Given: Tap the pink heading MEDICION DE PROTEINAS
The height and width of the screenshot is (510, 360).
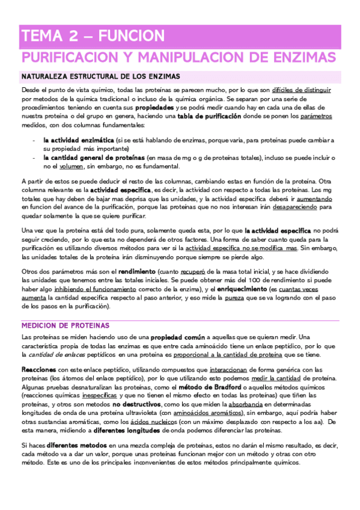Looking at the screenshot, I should click(x=65, y=325).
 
